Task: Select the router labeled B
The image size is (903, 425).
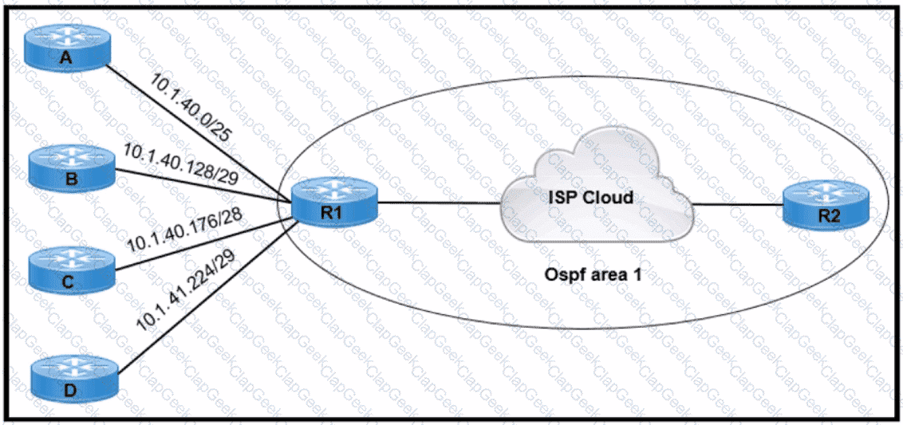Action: click(x=72, y=168)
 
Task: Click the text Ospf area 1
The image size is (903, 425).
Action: click(x=594, y=275)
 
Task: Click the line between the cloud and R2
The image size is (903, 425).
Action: click(x=738, y=203)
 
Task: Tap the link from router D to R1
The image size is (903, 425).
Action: click(x=207, y=297)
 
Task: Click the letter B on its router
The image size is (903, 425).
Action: click(x=72, y=178)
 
